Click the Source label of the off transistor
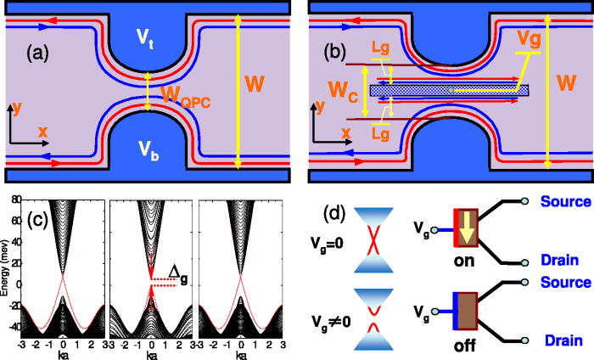click(563, 281)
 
